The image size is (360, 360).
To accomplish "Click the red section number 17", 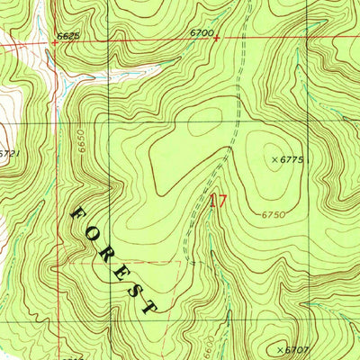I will coord(217,201).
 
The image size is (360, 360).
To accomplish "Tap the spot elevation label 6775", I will coord(293,159).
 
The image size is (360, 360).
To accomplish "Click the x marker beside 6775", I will coord(274,159).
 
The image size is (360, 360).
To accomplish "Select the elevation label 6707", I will coord(298,348).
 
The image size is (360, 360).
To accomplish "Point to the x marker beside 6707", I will coord(280,348).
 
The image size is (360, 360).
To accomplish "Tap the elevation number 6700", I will coord(201,32).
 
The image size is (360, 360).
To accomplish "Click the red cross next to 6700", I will coord(216,39).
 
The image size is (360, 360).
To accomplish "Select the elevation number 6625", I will coord(68,36).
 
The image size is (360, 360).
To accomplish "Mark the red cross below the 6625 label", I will coord(52,41).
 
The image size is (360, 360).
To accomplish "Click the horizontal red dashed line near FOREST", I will coord(135,263).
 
